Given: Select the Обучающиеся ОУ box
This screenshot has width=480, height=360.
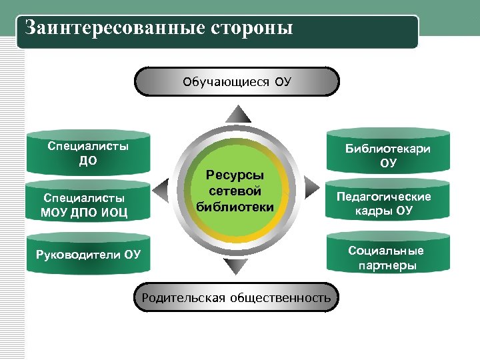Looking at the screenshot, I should pos(237,82).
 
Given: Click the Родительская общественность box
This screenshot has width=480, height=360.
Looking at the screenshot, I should pos(236,297).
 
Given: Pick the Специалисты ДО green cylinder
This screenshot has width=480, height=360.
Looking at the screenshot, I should pos(88,154).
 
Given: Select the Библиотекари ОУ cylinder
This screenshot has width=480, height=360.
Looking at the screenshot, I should pos(388,155).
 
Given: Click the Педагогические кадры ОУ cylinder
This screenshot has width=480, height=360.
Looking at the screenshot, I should pos(388,204).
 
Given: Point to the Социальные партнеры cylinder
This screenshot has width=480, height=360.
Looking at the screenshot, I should pos(388,257).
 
